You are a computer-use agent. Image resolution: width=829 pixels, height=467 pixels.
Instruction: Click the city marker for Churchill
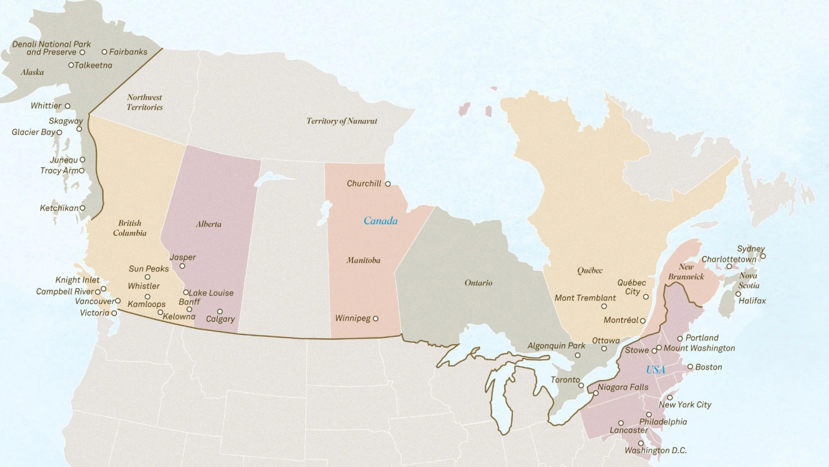pos(387,184)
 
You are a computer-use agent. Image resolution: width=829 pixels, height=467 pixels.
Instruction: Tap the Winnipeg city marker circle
pos(375,318)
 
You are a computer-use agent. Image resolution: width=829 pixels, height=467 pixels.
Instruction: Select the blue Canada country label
pos(380,221)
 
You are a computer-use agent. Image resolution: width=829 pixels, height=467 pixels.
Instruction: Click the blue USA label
pos(655,370)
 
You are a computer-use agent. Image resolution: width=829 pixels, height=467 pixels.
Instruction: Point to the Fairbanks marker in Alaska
pos(104,52)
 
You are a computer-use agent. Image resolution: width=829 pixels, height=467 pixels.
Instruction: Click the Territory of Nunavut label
pos(341,121)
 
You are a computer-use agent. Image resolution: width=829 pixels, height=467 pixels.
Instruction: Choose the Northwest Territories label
pos(144,102)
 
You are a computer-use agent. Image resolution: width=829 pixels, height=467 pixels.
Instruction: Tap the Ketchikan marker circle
pos(82,208)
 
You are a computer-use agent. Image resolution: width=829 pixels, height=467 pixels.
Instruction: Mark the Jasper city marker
pos(182,266)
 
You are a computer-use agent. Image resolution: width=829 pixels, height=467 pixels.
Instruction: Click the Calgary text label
pos(220,319)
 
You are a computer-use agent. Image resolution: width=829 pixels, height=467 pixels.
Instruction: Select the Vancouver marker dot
pos(117,301)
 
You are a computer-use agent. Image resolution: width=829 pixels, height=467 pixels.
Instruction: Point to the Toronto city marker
pos(581,385)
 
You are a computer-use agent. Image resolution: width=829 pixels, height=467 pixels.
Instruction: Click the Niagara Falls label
pos(623,387)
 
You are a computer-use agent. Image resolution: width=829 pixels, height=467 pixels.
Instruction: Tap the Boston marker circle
pos(690,367)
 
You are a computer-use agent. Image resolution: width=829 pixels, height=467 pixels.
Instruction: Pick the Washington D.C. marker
pos(641,443)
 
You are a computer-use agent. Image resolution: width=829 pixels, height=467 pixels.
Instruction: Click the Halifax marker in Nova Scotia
pos(738,294)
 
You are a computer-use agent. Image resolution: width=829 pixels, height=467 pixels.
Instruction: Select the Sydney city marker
pos(763,257)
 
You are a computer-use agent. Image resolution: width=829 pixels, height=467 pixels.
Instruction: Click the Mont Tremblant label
pos(585,298)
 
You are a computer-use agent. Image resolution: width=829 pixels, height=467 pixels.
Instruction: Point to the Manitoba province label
pos(363,260)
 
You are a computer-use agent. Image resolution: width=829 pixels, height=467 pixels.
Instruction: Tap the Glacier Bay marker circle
pos(59,133)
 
